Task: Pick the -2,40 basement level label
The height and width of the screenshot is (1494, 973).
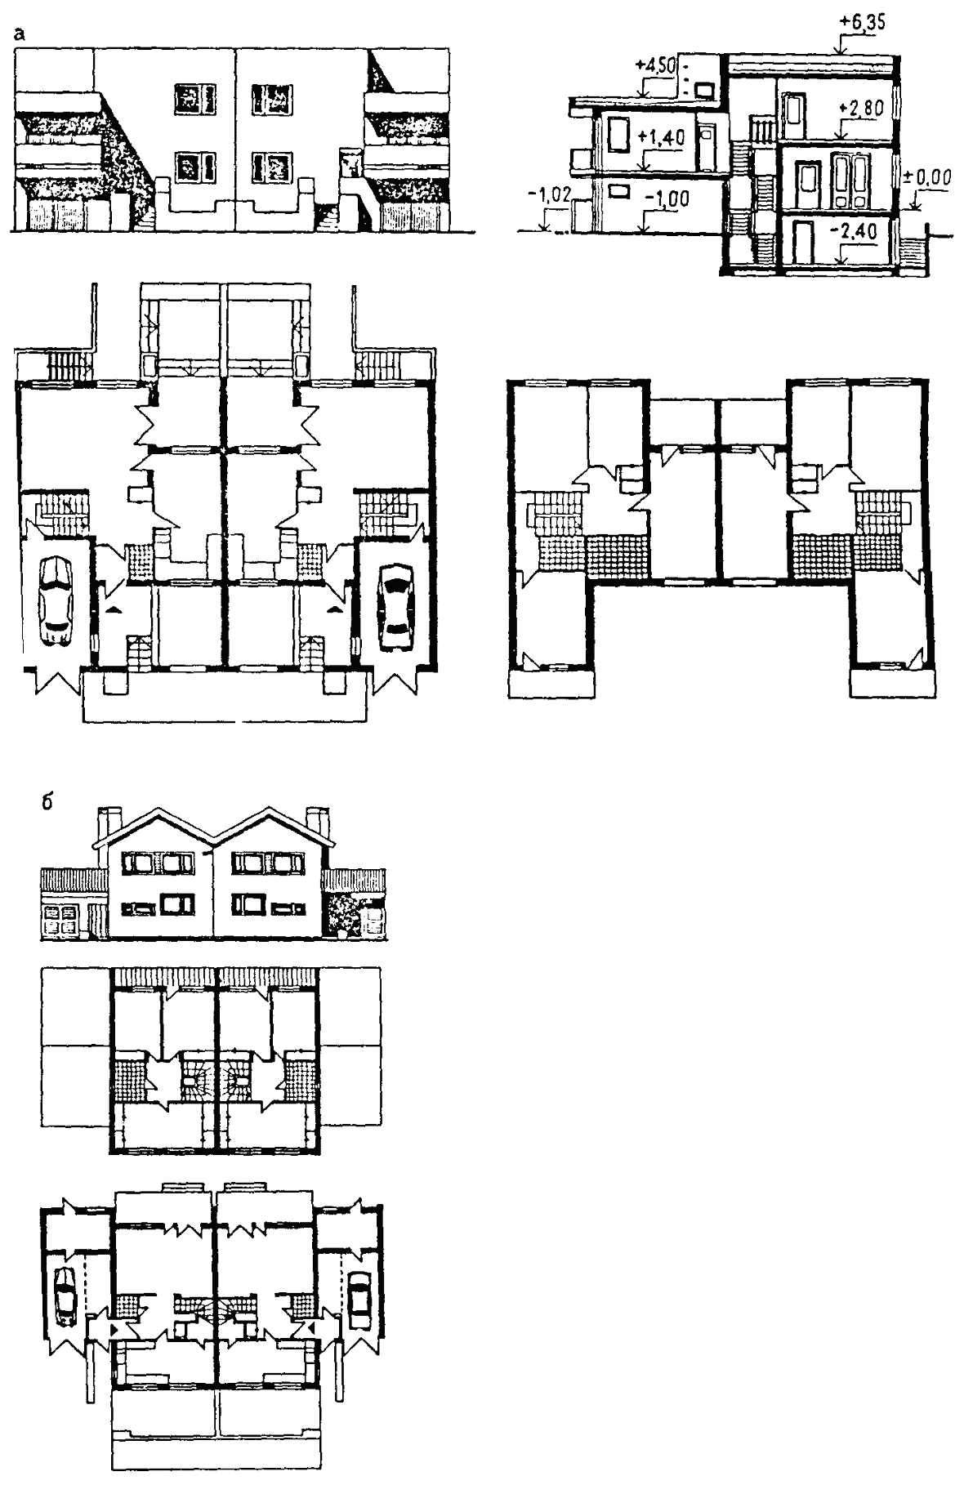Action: [856, 231]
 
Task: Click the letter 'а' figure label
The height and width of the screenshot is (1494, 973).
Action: [18, 35]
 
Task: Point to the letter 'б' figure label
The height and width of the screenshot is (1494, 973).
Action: [47, 801]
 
